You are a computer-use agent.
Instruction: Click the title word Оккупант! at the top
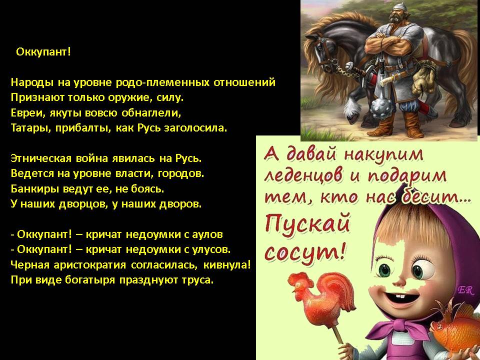(43, 51)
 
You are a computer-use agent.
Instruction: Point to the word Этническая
(41, 158)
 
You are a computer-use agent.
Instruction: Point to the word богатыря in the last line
(90, 280)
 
